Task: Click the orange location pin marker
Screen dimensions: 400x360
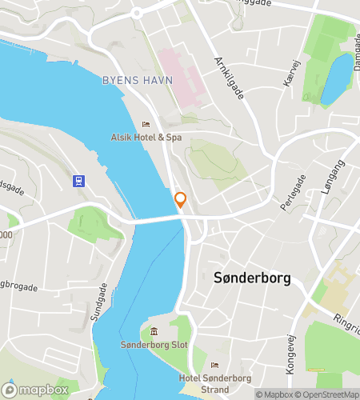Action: point(181,200)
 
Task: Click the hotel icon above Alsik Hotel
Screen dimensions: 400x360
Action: point(146,124)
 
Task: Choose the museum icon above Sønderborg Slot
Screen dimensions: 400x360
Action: point(154,332)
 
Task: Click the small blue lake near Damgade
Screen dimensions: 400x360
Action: point(336,80)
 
